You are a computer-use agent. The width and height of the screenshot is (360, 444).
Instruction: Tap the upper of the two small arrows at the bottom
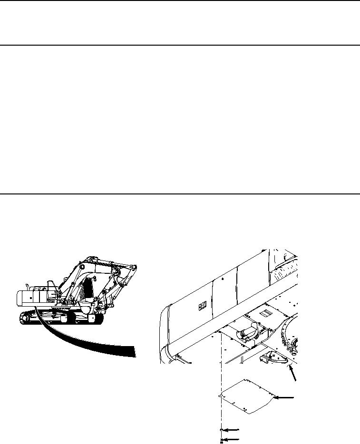point(232,430)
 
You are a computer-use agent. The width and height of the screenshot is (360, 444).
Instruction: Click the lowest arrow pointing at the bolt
point(232,439)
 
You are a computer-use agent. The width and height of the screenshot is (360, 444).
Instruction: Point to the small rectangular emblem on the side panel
point(202,307)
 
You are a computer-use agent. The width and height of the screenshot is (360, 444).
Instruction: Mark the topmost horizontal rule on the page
point(180,1)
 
